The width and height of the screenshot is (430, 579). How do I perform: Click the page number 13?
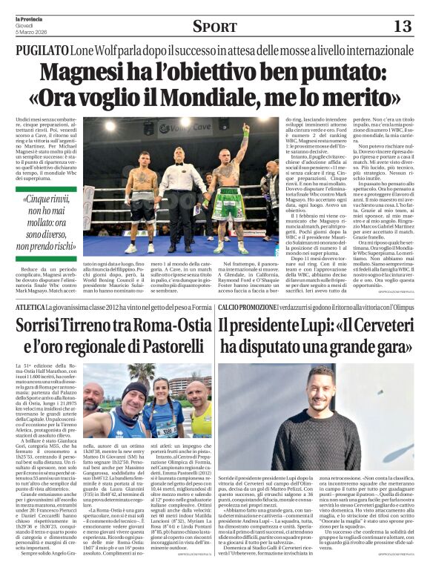click(403, 27)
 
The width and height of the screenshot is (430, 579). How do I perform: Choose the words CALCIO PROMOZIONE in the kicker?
click(251, 306)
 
